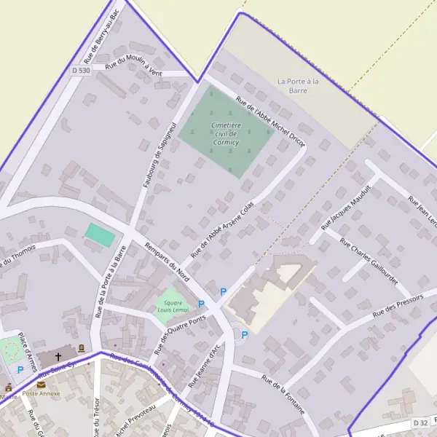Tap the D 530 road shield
(x=81, y=70)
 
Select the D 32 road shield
(x=420, y=422)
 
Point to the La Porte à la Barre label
(x=299, y=86)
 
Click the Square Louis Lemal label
(x=173, y=306)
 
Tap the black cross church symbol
(x=58, y=357)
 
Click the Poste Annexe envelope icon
(x=41, y=384)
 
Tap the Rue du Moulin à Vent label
(x=133, y=65)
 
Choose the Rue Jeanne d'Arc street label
(x=204, y=364)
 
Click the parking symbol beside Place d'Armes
(x=20, y=370)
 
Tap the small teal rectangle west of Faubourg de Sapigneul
(x=101, y=235)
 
